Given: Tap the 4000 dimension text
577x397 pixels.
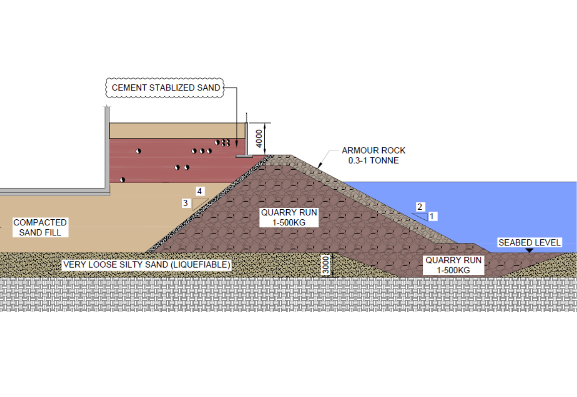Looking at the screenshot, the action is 259,139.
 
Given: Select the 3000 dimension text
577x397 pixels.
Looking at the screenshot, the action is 326,265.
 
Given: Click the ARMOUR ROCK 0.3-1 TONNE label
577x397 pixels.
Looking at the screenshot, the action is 374,155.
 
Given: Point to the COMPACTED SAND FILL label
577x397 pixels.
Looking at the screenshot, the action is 40,227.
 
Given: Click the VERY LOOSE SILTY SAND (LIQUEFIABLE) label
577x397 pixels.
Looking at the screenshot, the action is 147,264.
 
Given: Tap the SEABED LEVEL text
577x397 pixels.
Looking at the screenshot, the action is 529,242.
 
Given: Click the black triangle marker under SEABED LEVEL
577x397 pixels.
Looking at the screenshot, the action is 529,250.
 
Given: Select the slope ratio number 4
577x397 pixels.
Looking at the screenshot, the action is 199,191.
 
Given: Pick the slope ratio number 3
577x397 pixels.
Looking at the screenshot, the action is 185,203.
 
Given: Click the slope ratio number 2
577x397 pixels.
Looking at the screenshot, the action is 419,207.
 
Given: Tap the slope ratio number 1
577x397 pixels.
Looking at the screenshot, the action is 432,216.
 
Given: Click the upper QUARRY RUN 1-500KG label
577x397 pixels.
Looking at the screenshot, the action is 289,217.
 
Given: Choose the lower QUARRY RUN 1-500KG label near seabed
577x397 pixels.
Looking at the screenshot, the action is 453,265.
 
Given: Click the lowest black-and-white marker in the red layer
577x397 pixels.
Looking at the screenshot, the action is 123,180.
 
